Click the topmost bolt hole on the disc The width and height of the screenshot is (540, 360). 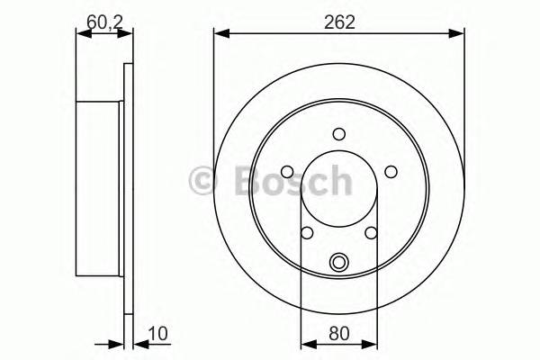pyautogui.click(x=339, y=134)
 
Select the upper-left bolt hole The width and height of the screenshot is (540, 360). pyautogui.click(x=286, y=172)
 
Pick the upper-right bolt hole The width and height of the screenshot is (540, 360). pyautogui.click(x=391, y=172)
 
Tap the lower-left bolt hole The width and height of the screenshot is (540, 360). pyautogui.click(x=307, y=233)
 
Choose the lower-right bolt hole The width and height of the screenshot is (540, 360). pyautogui.click(x=371, y=233)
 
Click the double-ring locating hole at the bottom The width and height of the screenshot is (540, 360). pyautogui.click(x=339, y=263)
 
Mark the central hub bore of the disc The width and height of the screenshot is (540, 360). pyautogui.click(x=339, y=193)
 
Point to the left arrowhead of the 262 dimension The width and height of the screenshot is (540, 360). pyautogui.click(x=219, y=35)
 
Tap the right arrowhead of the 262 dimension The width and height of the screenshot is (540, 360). pyautogui.click(x=459, y=35)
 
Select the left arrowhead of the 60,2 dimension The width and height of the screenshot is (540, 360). pyautogui.click(x=82, y=35)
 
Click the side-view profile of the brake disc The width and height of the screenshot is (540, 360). pyautogui.click(x=101, y=189)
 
